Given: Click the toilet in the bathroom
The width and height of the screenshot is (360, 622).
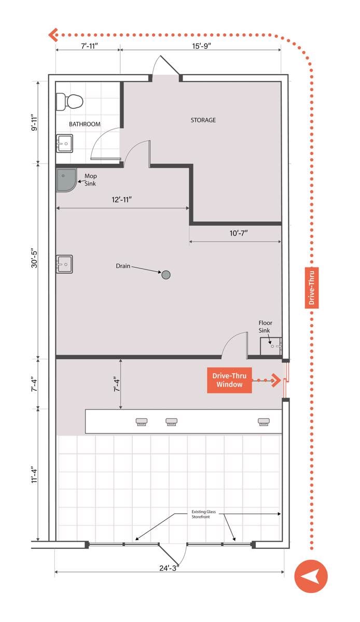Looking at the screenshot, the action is point(70,102).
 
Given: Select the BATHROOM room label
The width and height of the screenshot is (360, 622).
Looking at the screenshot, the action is point(85,124).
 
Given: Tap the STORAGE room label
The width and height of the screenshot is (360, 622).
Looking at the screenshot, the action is point(203,120).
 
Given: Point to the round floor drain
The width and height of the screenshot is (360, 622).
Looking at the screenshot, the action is point(166,275).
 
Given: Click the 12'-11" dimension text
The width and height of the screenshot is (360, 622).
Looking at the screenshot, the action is point(121,200).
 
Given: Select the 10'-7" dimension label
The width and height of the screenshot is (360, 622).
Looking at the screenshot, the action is point(239,233).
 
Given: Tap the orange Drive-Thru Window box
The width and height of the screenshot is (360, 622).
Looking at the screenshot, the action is point(229,380).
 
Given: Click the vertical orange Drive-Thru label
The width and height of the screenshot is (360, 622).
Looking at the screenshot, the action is point(312,288).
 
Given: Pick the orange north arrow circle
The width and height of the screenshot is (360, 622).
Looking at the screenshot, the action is point(311,576).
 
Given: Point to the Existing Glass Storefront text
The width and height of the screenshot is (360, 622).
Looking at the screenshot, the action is point(203,514).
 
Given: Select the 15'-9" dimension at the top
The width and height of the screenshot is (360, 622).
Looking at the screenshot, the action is point(202,46).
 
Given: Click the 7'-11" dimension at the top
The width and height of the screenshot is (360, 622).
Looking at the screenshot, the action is point(89,46).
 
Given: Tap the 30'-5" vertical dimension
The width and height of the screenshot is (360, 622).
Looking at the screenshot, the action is point(34,258).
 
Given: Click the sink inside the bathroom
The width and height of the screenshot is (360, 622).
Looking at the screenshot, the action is point(64,143).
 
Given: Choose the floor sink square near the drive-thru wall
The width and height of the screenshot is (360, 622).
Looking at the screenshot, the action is point(271,346).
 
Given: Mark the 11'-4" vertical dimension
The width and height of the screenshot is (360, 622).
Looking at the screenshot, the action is point(34,475).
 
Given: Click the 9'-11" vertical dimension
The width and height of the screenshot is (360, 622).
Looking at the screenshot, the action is point(34,122).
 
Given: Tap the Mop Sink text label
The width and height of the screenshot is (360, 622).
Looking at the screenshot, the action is point(90,180).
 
